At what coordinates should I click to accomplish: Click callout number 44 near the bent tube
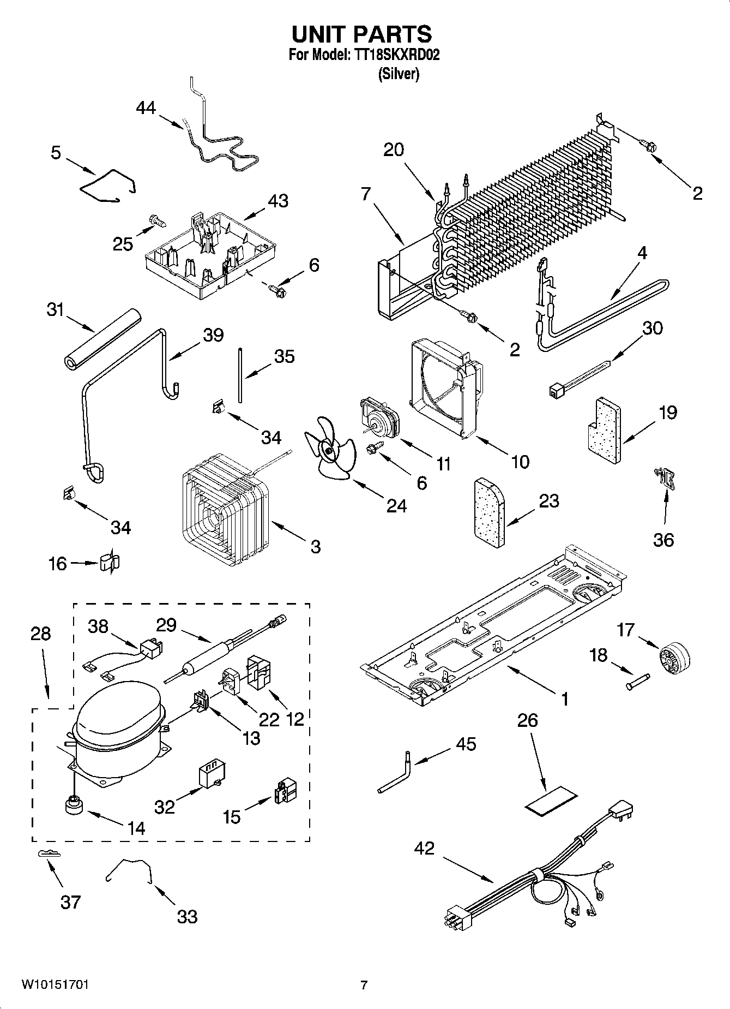click(146, 108)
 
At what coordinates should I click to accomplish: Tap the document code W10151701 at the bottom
click(56, 984)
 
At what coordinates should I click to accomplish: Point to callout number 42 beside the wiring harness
click(424, 848)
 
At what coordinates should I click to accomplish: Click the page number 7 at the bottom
click(364, 985)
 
